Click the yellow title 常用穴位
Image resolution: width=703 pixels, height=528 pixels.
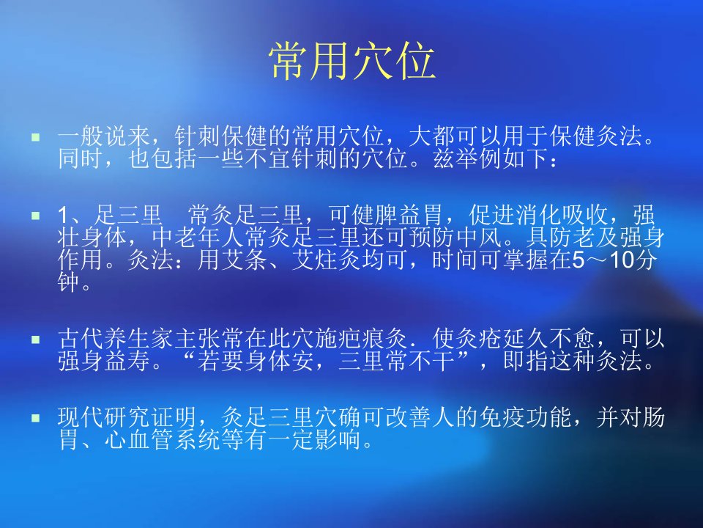tap(352, 62)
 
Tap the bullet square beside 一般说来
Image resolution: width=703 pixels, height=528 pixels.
tap(36, 137)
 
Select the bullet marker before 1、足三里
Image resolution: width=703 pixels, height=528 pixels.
tap(36, 216)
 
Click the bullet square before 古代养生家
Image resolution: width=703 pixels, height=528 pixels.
tap(36, 340)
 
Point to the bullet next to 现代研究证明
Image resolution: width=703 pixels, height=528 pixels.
tap(36, 419)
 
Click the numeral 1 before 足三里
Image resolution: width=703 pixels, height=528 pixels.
tap(63, 216)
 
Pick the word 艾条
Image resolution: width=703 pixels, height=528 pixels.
tap(245, 260)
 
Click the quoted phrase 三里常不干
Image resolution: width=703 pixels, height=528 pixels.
tap(396, 361)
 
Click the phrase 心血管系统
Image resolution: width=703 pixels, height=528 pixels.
tap(162, 440)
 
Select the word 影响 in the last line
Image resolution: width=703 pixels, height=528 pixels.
tap(338, 440)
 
